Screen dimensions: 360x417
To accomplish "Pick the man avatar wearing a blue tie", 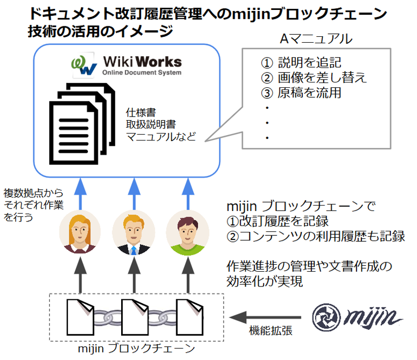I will coord(133,233).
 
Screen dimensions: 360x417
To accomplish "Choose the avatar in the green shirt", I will coord(187,233).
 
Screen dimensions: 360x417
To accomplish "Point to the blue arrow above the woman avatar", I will coord(79,193).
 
